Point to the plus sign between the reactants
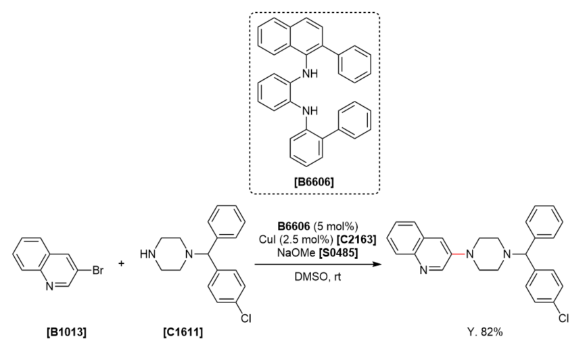[x=122, y=263]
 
